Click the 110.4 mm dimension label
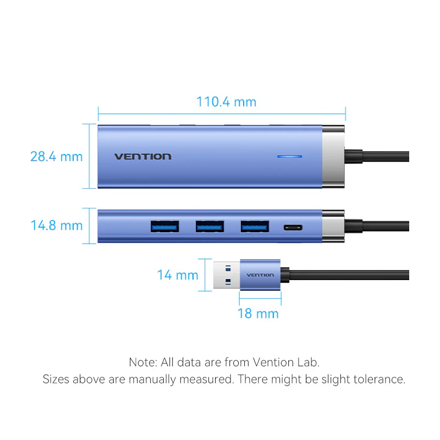click(226, 102)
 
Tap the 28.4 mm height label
click(57, 157)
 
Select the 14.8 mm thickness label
click(57, 226)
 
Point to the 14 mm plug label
click(178, 275)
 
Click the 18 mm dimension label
click(258, 313)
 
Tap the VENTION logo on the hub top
click(143, 157)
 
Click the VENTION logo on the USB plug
click(260, 275)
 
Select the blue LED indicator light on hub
click(290, 157)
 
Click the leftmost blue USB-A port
click(164, 227)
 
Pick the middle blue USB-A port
click(210, 227)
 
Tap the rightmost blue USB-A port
click(255, 227)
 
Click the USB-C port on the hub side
click(293, 228)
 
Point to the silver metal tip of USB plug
click(227, 275)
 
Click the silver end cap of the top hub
click(333, 157)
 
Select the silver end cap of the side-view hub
click(333, 226)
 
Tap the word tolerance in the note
click(380, 380)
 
